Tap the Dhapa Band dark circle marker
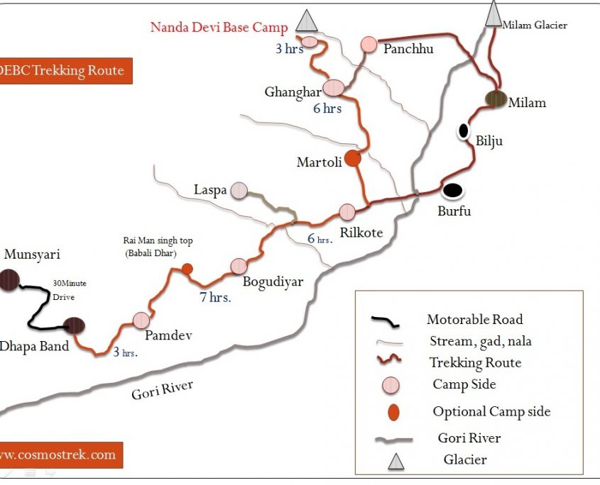tap(74, 325)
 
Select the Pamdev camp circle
tap(141, 320)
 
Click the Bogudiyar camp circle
tap(239, 266)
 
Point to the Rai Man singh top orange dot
tap(187, 269)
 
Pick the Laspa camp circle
tap(239, 190)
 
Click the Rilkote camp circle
tap(347, 211)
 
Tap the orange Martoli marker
tap(353, 160)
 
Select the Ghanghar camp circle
tap(333, 88)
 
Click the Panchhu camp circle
tap(369, 44)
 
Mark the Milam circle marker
tap(495, 99)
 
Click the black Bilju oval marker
tap(464, 130)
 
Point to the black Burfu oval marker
tap(452, 190)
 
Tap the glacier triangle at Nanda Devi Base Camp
tap(307, 21)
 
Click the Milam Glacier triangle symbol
tap(493, 14)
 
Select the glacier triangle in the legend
tap(396, 462)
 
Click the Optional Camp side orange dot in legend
tap(391, 411)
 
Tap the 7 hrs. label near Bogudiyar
tap(215, 298)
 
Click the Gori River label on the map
tap(163, 391)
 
